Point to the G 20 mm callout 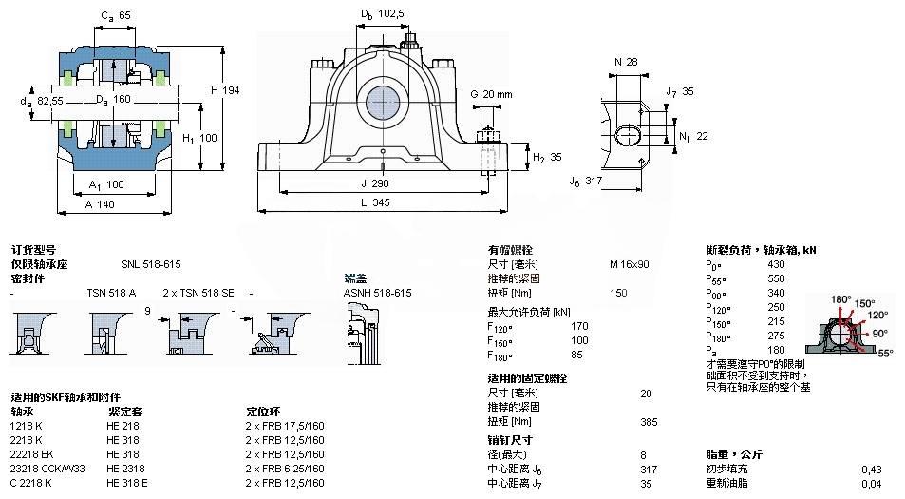[x=491, y=94]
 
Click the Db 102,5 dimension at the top [x=383, y=13]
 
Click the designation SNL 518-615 [x=150, y=264]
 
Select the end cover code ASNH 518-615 [x=377, y=293]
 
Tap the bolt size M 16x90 [x=630, y=264]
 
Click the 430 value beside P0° [x=776, y=264]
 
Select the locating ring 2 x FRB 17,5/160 [x=285, y=426]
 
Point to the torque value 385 [x=649, y=421]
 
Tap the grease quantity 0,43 [x=870, y=469]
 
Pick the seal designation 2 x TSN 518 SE [x=198, y=293]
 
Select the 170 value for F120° [x=579, y=326]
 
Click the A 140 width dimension [x=101, y=204]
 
